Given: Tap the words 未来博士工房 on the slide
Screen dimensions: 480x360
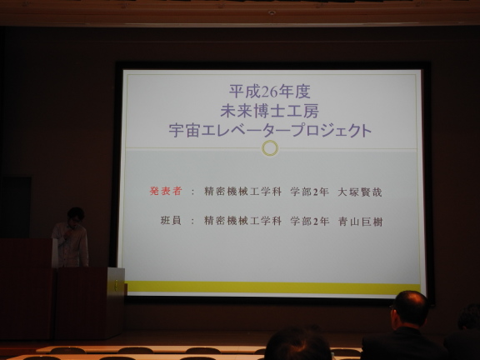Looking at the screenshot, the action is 270,111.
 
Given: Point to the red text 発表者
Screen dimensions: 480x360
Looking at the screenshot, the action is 166,191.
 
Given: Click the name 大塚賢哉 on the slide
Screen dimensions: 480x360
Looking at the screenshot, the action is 360,192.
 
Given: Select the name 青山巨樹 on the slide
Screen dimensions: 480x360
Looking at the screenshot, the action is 361,222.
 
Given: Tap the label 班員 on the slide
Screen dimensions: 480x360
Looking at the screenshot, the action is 171,220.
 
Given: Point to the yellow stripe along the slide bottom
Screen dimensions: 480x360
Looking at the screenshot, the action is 272,287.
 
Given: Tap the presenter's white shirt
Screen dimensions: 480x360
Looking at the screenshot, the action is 71,246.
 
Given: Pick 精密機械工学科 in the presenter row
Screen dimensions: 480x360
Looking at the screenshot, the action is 242,192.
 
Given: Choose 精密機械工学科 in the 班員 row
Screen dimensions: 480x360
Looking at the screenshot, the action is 242,221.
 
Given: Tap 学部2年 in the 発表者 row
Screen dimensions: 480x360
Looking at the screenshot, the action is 309,192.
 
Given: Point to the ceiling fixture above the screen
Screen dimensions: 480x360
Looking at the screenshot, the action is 272,12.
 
